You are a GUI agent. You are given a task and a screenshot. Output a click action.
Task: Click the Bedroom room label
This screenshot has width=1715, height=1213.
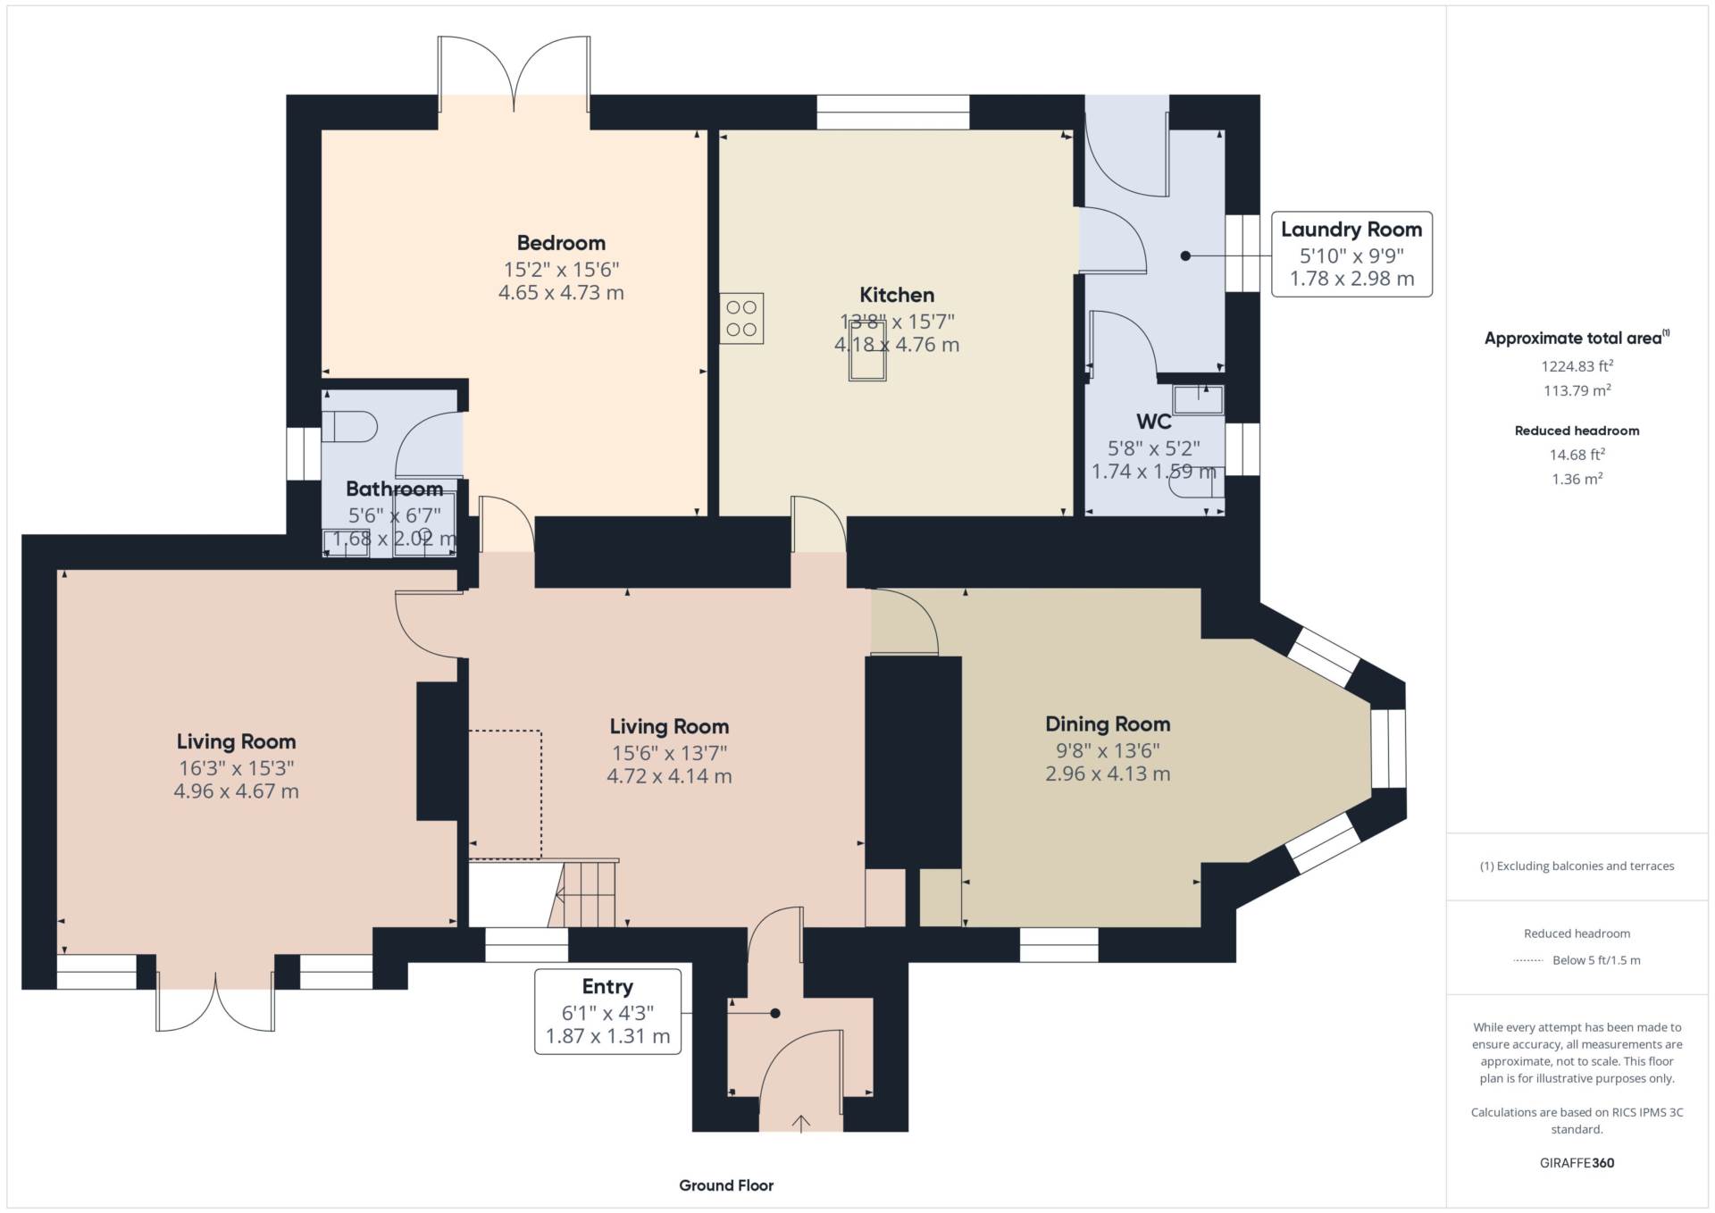coord(561,243)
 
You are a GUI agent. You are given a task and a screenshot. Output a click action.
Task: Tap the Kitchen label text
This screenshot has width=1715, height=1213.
coord(897,295)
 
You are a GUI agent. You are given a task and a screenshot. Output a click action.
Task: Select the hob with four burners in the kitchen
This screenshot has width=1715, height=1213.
coord(741,318)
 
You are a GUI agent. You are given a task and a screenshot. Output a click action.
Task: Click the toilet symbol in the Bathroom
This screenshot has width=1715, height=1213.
coord(349,427)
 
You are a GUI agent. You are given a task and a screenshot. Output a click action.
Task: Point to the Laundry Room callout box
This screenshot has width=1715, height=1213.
coord(1351,254)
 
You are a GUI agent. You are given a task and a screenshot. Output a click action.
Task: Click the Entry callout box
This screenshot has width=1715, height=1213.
coord(607,1011)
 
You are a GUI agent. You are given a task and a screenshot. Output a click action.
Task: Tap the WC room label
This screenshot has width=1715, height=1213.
coord(1154,422)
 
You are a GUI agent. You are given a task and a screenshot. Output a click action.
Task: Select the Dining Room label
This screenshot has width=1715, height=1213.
coord(1108,724)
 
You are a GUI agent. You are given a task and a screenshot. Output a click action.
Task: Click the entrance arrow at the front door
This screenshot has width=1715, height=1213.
coord(801,1123)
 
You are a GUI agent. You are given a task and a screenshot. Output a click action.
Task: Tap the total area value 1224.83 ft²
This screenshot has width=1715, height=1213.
coord(1577,366)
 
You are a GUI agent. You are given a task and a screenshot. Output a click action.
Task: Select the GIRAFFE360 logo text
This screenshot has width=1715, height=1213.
coord(1577,1163)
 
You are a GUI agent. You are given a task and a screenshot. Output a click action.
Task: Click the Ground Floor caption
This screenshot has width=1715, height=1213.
coord(726,1185)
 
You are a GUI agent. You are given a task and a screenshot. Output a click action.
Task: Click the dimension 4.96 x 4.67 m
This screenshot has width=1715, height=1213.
coord(236,791)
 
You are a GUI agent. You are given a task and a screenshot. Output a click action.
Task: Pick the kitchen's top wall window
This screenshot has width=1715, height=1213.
coord(893,113)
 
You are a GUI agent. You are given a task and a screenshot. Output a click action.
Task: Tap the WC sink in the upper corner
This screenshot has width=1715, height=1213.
coord(1198,399)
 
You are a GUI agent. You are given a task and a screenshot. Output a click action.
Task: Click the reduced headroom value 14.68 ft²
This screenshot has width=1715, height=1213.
coord(1577,455)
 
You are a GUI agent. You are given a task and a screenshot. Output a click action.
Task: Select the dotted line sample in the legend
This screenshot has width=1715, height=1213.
coord(1528,961)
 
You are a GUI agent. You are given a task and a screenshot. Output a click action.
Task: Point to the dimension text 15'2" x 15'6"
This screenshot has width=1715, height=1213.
coord(561,269)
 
